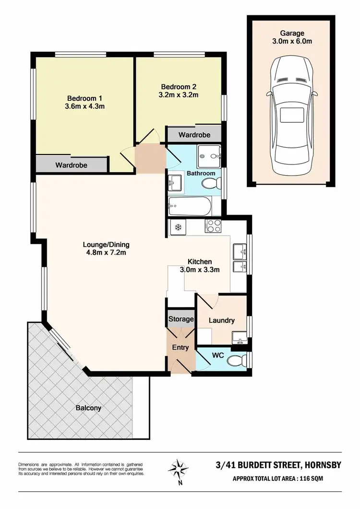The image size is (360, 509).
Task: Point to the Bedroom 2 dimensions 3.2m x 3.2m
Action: tap(179, 95)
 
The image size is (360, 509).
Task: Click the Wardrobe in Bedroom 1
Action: tap(71, 165)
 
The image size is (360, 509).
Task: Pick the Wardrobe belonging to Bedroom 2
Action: tap(194, 135)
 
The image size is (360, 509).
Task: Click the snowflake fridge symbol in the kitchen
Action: tap(177, 227)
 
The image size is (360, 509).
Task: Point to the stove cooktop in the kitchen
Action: tap(212, 226)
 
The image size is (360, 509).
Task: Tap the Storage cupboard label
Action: tap(180, 319)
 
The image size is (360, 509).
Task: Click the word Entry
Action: tap(180, 348)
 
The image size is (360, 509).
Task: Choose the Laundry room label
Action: tap(222, 320)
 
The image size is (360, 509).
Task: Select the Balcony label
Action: tap(88, 408)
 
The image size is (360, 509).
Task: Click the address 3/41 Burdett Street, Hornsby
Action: tap(278, 465)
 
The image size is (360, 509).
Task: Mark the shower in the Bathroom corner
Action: tap(210, 154)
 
